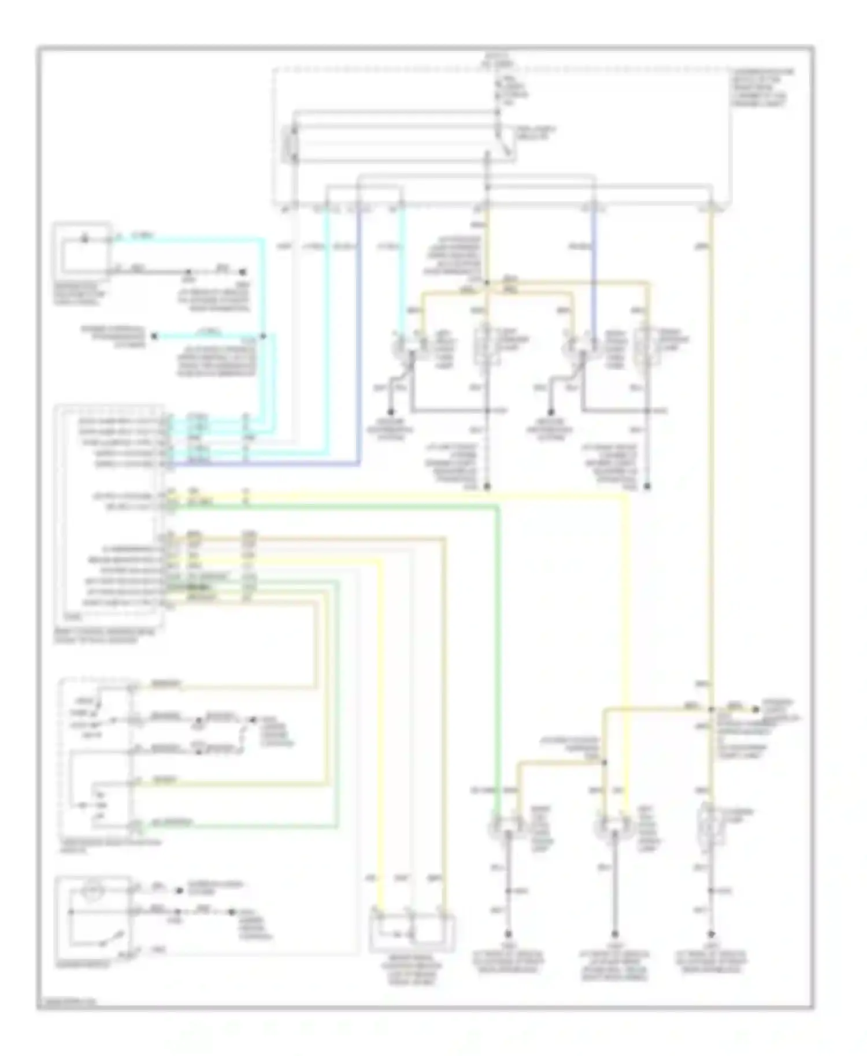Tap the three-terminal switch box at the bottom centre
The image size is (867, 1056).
click(412, 931)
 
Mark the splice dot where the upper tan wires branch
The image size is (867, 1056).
click(487, 283)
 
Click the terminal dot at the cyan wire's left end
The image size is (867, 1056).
click(154, 336)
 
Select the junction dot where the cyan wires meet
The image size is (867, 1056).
click(263, 336)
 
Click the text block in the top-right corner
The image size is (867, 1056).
click(762, 88)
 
